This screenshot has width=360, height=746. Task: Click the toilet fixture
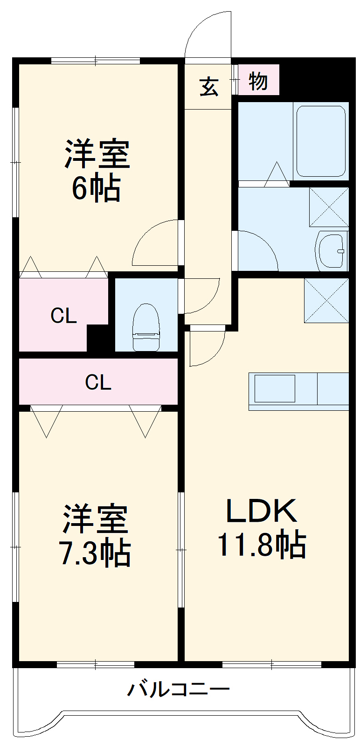pyautogui.click(x=146, y=327)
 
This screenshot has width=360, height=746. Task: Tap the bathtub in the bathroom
pyautogui.click(x=321, y=141)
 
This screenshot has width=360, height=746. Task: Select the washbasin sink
pyautogui.click(x=332, y=251)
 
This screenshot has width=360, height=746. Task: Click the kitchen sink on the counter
pyautogui.click(x=275, y=388)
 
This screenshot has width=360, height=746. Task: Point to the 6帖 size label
pyautogui.click(x=96, y=188)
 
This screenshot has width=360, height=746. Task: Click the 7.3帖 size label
pyautogui.click(x=96, y=553)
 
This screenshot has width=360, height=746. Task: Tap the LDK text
pyautogui.click(x=261, y=511)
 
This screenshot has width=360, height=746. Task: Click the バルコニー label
pyautogui.click(x=179, y=689)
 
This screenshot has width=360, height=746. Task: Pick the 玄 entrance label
pyautogui.click(x=209, y=86)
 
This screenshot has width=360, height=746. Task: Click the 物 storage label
pyautogui.click(x=258, y=81)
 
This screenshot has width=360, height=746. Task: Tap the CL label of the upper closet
pyautogui.click(x=63, y=316)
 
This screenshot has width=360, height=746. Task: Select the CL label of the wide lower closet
pyautogui.click(x=98, y=382)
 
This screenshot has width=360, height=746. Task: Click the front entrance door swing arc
pyautogui.click(x=205, y=33)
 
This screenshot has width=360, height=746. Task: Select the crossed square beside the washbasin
pyautogui.click(x=329, y=207)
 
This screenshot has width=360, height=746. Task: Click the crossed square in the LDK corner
pyautogui.click(x=326, y=300)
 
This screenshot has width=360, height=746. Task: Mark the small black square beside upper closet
pyautogui.click(x=97, y=338)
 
